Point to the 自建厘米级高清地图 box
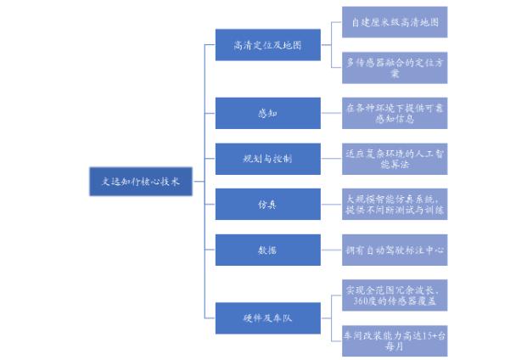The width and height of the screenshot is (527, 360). pos(395,22)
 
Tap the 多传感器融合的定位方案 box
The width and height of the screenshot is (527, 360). pos(395,67)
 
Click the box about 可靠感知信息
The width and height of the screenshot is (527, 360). pos(395,113)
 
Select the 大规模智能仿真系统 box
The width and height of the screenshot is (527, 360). pos(395,205)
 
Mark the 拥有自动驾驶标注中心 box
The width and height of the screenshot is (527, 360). pos(395,250)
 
